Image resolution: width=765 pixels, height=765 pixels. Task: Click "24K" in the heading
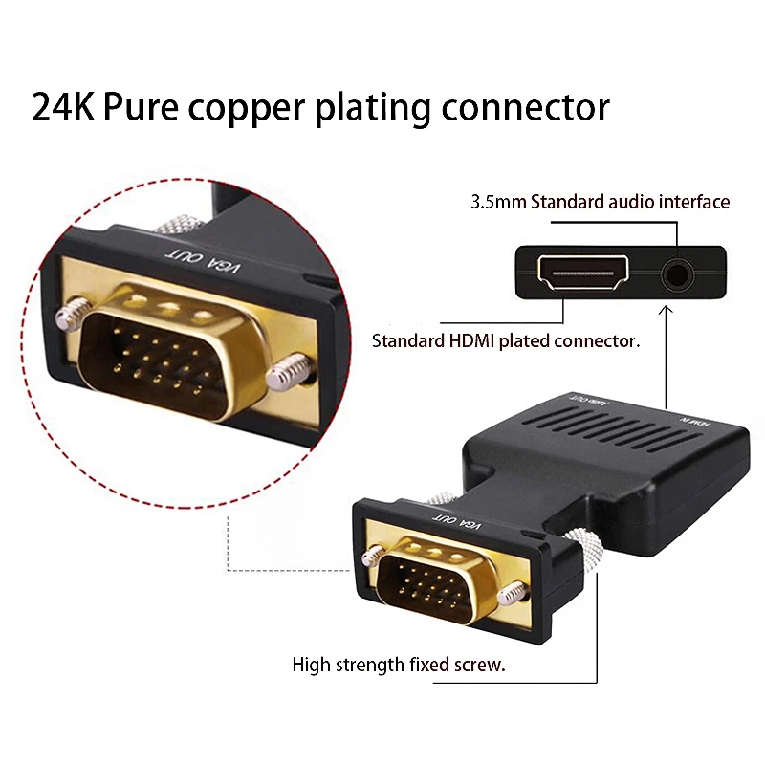(x=63, y=107)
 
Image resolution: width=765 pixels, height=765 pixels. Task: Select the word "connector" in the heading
(x=525, y=107)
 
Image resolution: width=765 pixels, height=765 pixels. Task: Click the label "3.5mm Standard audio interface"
(x=600, y=202)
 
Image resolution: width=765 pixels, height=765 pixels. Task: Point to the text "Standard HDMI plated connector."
(x=506, y=340)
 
